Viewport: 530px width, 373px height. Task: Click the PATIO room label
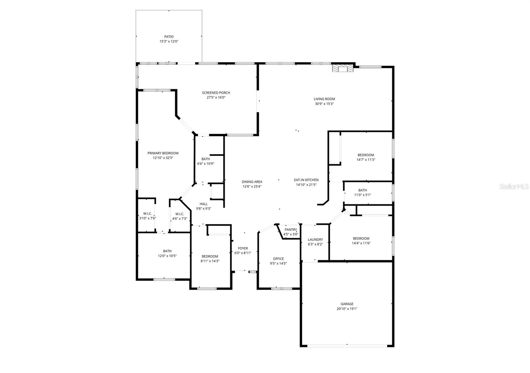coord(169,37)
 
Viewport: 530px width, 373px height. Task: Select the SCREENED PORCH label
coord(216,93)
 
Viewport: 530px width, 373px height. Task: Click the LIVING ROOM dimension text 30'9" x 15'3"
coord(324,104)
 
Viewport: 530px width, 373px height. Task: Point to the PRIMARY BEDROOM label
coord(163,153)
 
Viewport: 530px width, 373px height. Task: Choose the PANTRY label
coord(291,230)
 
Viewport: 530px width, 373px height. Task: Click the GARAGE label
coord(347,304)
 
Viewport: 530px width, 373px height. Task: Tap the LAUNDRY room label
coord(315,240)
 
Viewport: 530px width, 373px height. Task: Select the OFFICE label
coord(278,259)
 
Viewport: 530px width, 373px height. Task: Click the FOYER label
coord(242,248)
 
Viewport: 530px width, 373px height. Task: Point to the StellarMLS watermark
coord(514,187)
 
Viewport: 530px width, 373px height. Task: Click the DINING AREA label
coord(252,182)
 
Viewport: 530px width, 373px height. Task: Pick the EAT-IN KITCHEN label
coord(306,180)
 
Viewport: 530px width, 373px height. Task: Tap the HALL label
coord(203,204)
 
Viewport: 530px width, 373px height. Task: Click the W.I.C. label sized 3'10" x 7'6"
coord(147,214)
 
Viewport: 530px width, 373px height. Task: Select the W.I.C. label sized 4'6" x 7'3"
coord(180,214)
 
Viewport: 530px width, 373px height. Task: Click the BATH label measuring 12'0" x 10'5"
coord(167,251)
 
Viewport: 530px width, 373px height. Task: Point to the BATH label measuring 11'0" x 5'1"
coord(362,190)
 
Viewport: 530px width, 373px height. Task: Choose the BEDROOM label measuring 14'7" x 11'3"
coord(366,155)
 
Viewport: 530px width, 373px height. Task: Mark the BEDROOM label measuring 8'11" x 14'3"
coord(210,256)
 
